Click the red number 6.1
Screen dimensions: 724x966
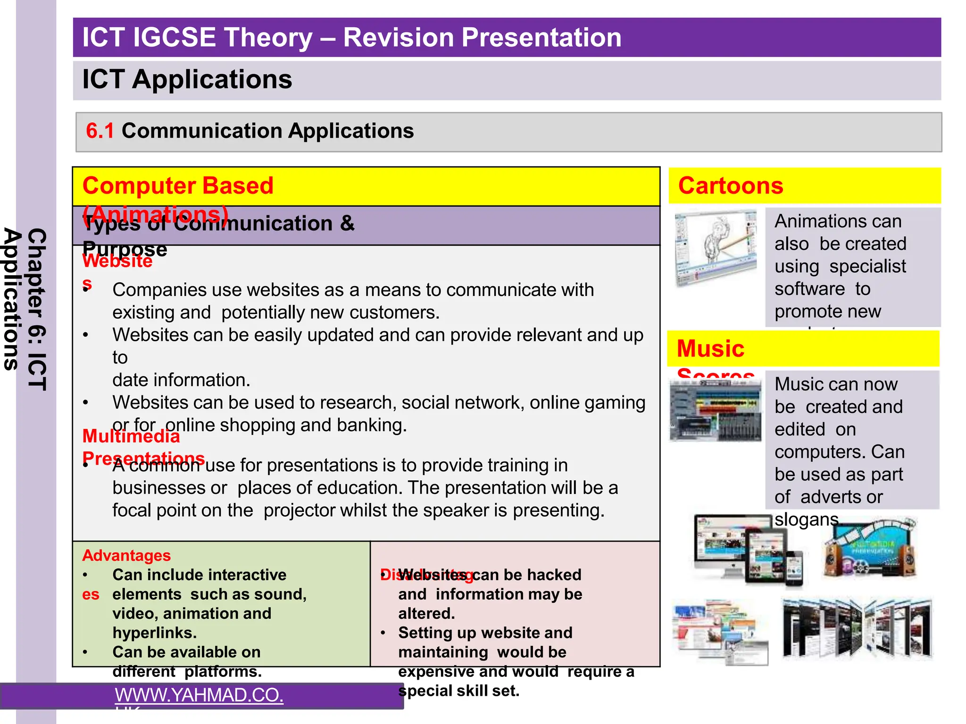(100, 131)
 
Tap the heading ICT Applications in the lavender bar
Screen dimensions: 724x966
(187, 79)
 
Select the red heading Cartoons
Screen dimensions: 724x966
(730, 186)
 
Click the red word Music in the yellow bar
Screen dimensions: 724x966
(710, 349)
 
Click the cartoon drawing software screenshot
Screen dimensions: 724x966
(715, 248)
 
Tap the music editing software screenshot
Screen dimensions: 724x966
(715, 410)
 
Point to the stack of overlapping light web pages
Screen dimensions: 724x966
(720, 632)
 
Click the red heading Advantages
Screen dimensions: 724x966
(126, 556)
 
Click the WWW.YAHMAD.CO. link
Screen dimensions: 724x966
(199, 695)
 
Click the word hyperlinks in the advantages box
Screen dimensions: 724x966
(154, 633)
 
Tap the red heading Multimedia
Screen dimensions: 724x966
(131, 436)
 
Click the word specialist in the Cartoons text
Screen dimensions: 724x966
(867, 266)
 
